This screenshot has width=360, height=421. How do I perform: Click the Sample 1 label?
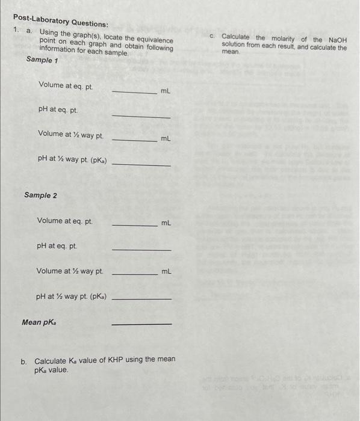click(x=42, y=61)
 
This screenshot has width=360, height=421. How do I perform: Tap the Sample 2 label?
click(x=41, y=195)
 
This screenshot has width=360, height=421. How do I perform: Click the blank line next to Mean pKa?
click(x=141, y=324)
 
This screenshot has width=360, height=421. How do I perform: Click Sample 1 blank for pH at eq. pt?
click(x=141, y=117)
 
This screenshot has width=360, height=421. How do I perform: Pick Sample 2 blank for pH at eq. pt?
click(x=141, y=250)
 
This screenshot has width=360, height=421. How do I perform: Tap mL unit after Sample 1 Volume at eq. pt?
click(x=166, y=91)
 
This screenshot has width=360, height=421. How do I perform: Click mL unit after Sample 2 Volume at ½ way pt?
click(x=166, y=272)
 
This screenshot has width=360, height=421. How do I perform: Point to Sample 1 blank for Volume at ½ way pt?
click(x=134, y=140)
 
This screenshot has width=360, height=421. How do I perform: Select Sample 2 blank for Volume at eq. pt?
click(x=134, y=226)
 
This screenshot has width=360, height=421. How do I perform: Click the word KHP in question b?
click(x=115, y=360)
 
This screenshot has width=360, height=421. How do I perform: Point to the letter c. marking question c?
click(x=213, y=36)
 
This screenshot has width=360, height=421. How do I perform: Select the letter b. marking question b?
click(x=24, y=362)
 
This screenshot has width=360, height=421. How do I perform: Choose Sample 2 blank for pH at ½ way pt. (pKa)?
click(x=141, y=299)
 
